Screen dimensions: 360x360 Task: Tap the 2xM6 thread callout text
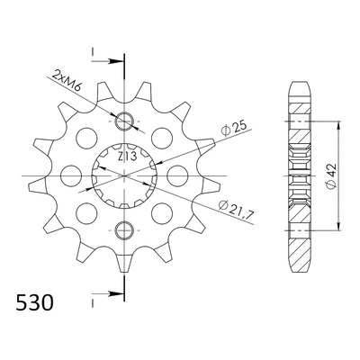(x=67, y=80)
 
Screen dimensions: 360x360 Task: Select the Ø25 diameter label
(x=233, y=128)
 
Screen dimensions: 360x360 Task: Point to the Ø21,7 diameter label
(x=237, y=210)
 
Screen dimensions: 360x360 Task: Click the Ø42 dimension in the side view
(x=332, y=176)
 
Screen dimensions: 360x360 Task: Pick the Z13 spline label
(x=127, y=157)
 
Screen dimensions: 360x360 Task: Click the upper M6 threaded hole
(x=124, y=121)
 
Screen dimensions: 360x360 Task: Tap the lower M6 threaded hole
(x=124, y=230)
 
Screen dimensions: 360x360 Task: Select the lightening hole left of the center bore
(x=71, y=175)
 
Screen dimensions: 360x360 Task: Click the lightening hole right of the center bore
(x=177, y=175)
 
